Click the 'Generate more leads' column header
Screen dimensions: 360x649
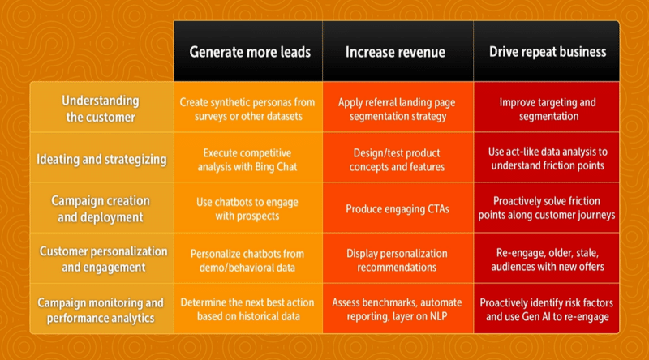250,52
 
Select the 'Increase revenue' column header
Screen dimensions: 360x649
395,52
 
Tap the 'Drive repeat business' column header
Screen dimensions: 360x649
548,52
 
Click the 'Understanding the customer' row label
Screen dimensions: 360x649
101,109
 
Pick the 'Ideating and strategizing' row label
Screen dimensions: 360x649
101,159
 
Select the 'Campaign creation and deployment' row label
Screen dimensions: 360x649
101,208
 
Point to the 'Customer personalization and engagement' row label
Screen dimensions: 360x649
101,259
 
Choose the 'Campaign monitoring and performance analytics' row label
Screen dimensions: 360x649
101,309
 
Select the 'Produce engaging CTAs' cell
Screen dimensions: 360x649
395,209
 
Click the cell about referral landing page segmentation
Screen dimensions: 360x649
395,109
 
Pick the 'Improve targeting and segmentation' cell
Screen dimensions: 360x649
548,109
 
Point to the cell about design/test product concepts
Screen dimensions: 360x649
395,159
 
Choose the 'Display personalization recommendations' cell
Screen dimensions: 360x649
395,259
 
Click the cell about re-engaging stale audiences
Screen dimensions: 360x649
548,259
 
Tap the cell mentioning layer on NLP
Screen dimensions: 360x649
395,309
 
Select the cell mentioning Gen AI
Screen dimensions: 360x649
548,309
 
